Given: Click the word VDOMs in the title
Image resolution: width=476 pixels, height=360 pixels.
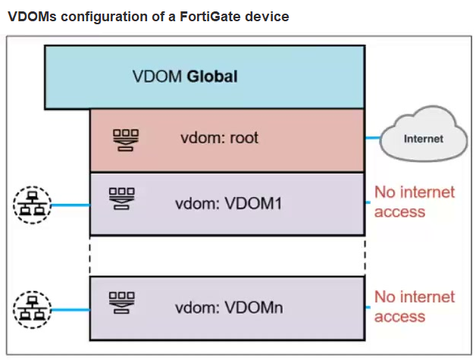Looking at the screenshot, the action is pyautogui.click(x=32, y=17).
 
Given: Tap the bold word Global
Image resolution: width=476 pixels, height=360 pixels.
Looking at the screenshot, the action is pyautogui.click(x=212, y=77).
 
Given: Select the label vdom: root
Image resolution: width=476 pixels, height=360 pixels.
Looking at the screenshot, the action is pyautogui.click(x=220, y=138).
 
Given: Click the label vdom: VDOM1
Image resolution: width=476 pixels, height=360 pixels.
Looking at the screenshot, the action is pyautogui.click(x=229, y=203).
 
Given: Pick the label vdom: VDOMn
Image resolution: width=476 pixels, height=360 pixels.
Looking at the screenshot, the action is pyautogui.click(x=229, y=308).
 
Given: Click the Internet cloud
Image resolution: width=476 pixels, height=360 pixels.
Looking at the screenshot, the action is pyautogui.click(x=424, y=133).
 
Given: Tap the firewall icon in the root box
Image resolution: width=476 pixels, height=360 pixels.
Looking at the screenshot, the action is pyautogui.click(x=126, y=140).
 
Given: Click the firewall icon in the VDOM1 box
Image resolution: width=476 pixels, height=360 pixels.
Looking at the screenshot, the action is pyautogui.click(x=122, y=199).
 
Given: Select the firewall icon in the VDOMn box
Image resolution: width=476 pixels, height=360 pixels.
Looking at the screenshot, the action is pyautogui.click(x=122, y=302).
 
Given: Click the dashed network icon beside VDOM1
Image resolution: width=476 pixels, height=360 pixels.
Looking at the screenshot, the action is pyautogui.click(x=32, y=205).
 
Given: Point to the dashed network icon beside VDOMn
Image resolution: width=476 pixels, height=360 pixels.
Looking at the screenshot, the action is pyautogui.click(x=32, y=310).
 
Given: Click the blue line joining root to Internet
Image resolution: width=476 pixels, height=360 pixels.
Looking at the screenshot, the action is pyautogui.click(x=372, y=138).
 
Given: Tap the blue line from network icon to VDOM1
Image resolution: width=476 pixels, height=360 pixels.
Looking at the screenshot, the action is pyautogui.click(x=70, y=205).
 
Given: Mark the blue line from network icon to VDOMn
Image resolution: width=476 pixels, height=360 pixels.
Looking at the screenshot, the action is pyautogui.click(x=70, y=310).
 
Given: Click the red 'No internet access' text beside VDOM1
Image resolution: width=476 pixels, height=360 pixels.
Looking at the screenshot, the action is pyautogui.click(x=415, y=202).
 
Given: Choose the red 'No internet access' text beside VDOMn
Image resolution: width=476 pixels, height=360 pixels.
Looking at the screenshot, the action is pyautogui.click(x=415, y=307).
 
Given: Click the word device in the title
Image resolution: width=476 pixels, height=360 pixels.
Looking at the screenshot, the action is pyautogui.click(x=267, y=17).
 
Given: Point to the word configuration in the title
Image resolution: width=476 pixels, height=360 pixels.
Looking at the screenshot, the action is pyautogui.click(x=104, y=17).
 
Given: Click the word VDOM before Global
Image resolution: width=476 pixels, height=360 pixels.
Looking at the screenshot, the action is pyautogui.click(x=157, y=77).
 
